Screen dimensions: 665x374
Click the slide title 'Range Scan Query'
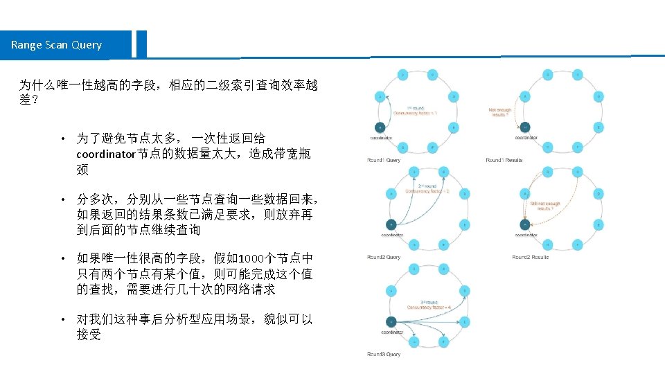tap(56, 45)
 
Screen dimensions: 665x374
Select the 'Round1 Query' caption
tap(384, 160)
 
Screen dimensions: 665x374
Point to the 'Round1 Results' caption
tap(504, 160)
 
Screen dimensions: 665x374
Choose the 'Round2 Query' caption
tap(384, 257)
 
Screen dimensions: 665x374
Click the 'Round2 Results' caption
tap(531, 257)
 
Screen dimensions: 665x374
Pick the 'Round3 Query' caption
tap(384, 354)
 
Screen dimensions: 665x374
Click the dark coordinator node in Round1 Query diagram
tap(379, 127)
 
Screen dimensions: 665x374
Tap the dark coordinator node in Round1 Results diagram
tap(526, 127)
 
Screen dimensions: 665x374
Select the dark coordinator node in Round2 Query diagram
tap(391, 224)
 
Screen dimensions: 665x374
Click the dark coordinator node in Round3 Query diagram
tap(391, 321)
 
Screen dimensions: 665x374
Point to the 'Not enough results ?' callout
tap(500, 112)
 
